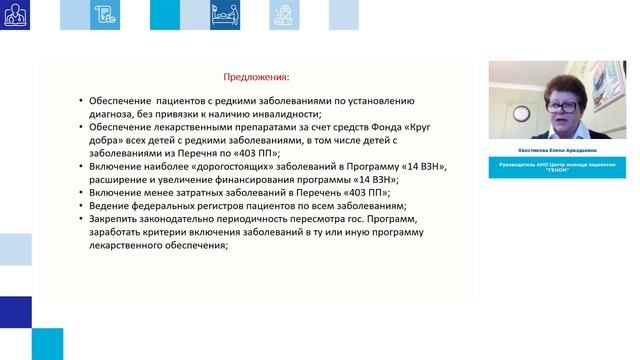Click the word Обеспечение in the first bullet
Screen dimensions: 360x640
click(120, 101)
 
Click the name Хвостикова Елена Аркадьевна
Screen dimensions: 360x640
click(560, 154)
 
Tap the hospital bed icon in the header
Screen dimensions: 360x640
click(222, 14)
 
